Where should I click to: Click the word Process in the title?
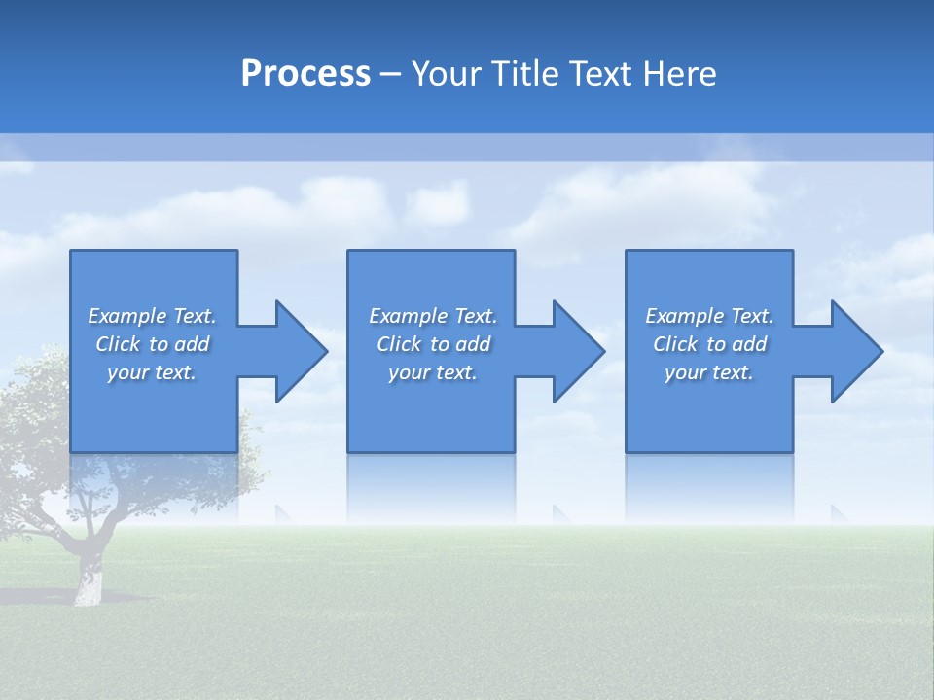tap(305, 74)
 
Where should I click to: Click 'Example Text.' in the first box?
tap(152, 316)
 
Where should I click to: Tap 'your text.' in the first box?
tap(152, 372)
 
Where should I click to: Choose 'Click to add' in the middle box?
tap(433, 344)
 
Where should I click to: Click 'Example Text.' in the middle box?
tap(433, 316)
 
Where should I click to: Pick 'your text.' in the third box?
tap(709, 372)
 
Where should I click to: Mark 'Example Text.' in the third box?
tap(709, 316)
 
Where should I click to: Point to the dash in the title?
tap(390, 74)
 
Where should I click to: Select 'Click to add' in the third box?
tap(709, 344)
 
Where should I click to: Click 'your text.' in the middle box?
tap(433, 372)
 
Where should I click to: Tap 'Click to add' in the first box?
tap(152, 344)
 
